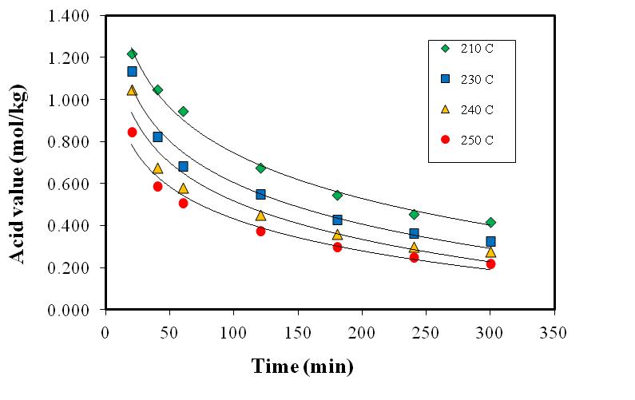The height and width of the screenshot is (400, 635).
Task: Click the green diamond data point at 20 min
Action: point(132,53)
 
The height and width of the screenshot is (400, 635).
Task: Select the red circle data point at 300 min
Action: point(490,263)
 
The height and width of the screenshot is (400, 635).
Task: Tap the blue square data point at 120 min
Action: point(260,194)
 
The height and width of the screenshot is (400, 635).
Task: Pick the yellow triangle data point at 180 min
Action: point(337,234)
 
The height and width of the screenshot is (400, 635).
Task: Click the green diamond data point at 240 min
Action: point(414,214)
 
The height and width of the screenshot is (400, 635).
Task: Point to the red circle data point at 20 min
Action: point(132,132)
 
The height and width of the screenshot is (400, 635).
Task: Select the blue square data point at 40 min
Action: point(157,137)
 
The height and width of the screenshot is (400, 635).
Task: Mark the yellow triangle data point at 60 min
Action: point(183,188)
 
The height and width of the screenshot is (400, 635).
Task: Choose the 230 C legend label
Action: point(478,78)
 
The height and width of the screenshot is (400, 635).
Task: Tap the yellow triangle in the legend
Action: point(446,109)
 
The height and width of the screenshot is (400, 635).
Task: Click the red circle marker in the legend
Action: point(446,139)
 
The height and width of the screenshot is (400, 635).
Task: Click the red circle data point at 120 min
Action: point(260,231)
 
